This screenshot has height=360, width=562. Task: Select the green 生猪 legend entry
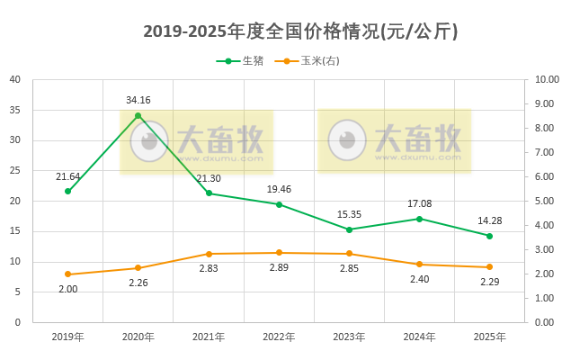coord(241,60)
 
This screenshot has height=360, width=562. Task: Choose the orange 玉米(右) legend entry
coord(311,60)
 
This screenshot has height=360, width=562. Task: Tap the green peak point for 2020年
coord(138,115)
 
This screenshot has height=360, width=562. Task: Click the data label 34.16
coord(138,100)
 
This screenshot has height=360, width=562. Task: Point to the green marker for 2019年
coord(67,191)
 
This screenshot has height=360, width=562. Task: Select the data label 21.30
coord(208,178)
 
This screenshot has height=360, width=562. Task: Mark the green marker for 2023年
coord(349,229)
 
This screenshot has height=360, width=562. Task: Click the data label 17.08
coord(419,203)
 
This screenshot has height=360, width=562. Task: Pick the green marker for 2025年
coord(489,236)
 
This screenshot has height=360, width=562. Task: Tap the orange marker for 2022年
coord(279,252)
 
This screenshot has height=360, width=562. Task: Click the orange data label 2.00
coord(67,289)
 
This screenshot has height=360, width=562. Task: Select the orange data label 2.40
coord(419,279)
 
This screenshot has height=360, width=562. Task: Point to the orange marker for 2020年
coord(138,267)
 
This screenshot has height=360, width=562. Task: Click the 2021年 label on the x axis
coord(208,337)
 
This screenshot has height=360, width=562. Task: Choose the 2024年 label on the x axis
coord(419,337)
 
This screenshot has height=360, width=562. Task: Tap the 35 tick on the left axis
coord(15,110)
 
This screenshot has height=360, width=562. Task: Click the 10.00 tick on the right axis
coord(547,79)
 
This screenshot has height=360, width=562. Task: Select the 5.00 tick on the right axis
coord(547,201)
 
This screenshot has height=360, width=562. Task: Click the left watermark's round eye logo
coord(149,139)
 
